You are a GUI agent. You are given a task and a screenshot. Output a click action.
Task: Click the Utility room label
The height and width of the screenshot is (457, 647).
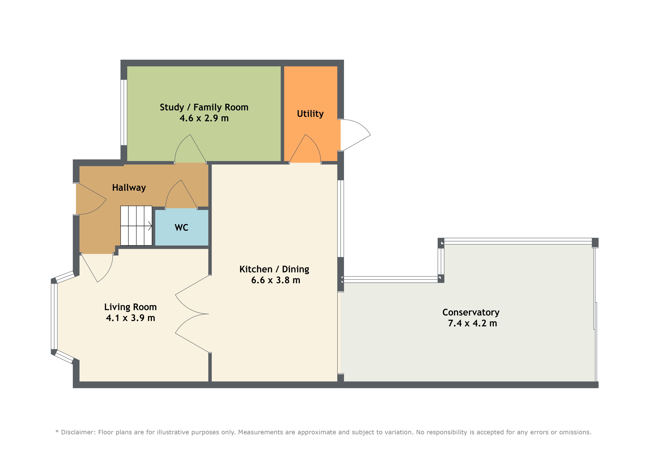[x=310, y=114]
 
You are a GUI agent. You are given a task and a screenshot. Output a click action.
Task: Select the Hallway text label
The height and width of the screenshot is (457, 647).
[x=129, y=188]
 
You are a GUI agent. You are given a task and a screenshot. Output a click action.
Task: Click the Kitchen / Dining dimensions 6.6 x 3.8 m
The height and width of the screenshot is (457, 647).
[x=276, y=280]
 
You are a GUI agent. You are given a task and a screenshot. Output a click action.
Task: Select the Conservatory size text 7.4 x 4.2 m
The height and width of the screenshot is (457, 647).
[x=473, y=323]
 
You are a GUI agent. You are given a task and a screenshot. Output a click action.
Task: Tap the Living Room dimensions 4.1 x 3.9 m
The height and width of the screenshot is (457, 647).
[x=130, y=318]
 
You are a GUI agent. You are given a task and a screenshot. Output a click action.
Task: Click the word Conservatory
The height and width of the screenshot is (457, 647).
[x=471, y=313]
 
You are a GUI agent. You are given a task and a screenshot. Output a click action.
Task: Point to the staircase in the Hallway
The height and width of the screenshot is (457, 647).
[x=136, y=226]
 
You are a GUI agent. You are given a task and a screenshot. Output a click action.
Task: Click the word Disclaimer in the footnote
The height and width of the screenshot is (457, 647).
[x=77, y=432]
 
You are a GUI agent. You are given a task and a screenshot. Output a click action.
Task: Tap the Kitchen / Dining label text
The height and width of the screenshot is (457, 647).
[x=274, y=269]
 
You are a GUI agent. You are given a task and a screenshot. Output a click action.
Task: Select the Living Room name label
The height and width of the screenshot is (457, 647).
[x=130, y=307]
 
